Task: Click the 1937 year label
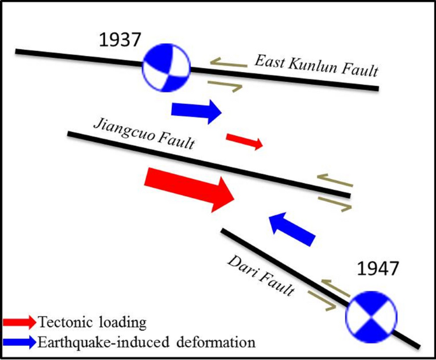(x=120, y=40)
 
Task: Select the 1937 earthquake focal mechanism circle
(x=167, y=66)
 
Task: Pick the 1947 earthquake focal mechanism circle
(x=370, y=313)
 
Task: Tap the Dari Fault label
(x=261, y=274)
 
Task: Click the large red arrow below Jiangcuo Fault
(x=190, y=185)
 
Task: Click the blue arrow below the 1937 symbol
(x=196, y=111)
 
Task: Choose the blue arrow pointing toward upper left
(x=292, y=227)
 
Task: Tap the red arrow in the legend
(x=20, y=322)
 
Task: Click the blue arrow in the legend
(x=20, y=342)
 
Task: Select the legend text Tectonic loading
(x=92, y=322)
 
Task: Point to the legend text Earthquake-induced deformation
(x=146, y=342)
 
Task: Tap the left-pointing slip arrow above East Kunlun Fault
(x=229, y=63)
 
